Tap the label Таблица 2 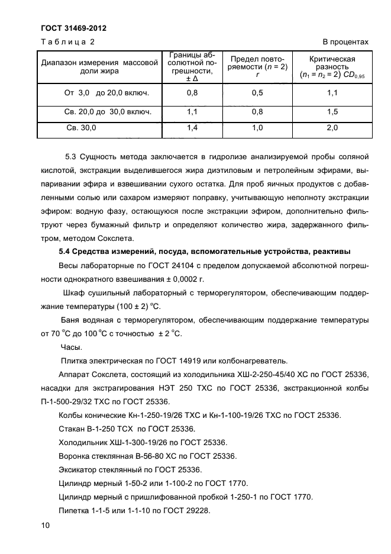coord(68,42)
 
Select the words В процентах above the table coord(345,42)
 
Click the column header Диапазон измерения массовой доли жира coord(99,66)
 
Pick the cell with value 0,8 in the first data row coord(192,93)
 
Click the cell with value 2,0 coord(332,127)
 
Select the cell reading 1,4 coord(192,127)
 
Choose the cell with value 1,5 coord(332,111)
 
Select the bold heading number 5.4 coord(65,252)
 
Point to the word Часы coord(72,347)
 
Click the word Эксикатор coord(79,469)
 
